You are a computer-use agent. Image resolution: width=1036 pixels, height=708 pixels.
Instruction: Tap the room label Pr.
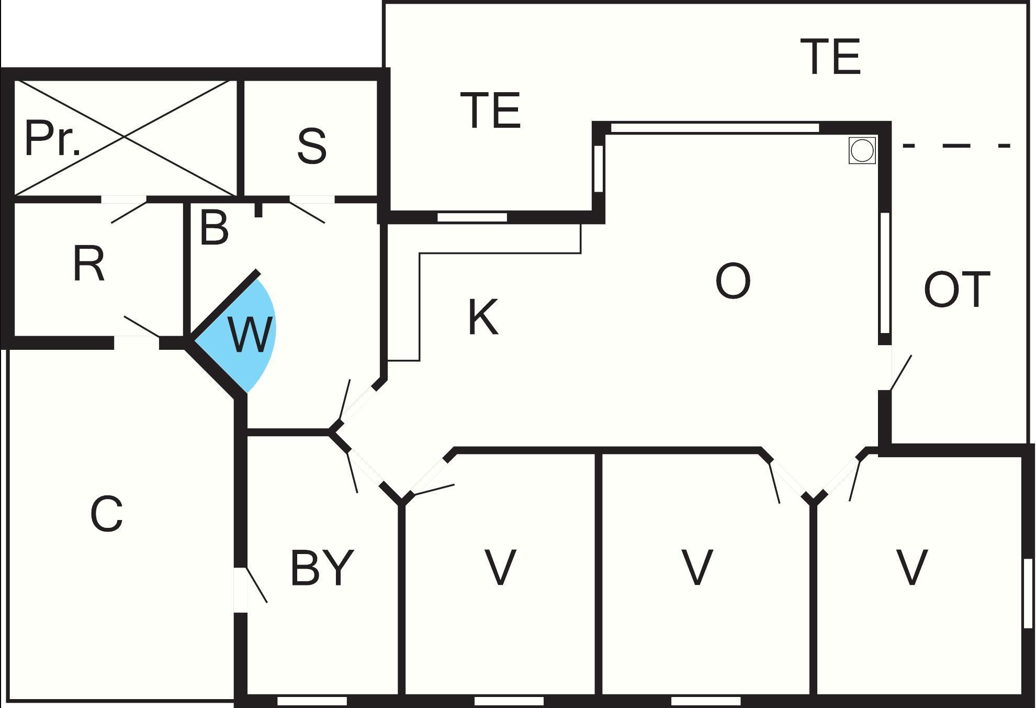pyautogui.click(x=53, y=139)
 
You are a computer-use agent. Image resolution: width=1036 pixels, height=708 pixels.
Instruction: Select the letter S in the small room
pyautogui.click(x=312, y=146)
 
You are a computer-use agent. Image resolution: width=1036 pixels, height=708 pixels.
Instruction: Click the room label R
pyautogui.click(x=89, y=264)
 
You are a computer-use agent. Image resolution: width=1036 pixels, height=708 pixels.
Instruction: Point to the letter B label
pyautogui.click(x=215, y=228)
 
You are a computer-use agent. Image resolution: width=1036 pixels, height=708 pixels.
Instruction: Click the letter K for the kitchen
pyautogui.click(x=482, y=317)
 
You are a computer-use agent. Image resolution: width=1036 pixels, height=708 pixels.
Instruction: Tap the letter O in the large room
pyautogui.click(x=733, y=281)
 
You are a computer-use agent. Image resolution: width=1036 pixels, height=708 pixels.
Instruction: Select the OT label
pyautogui.click(x=957, y=290)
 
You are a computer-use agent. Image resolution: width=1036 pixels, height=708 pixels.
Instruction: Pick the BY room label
pyautogui.click(x=322, y=568)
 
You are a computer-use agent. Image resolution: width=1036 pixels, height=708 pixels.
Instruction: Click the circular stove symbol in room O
pyautogui.click(x=862, y=151)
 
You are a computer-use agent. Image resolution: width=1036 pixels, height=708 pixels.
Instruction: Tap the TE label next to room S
pyautogui.click(x=491, y=110)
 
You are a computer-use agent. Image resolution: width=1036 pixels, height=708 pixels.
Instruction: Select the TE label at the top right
pyautogui.click(x=831, y=57)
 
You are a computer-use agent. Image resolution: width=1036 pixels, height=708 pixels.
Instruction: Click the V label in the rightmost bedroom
pyautogui.click(x=912, y=567)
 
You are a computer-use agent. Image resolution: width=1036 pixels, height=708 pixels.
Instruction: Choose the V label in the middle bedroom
pyautogui.click(x=697, y=567)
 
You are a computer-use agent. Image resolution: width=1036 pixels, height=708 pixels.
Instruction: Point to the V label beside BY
pyautogui.click(x=500, y=567)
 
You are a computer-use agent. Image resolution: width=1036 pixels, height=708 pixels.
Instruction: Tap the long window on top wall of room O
pyautogui.click(x=715, y=127)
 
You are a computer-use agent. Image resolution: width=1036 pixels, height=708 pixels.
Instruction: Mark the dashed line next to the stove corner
pyautogui.click(x=956, y=146)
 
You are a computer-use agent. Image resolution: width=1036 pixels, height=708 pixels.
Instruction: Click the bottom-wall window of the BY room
pyautogui.click(x=312, y=701)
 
